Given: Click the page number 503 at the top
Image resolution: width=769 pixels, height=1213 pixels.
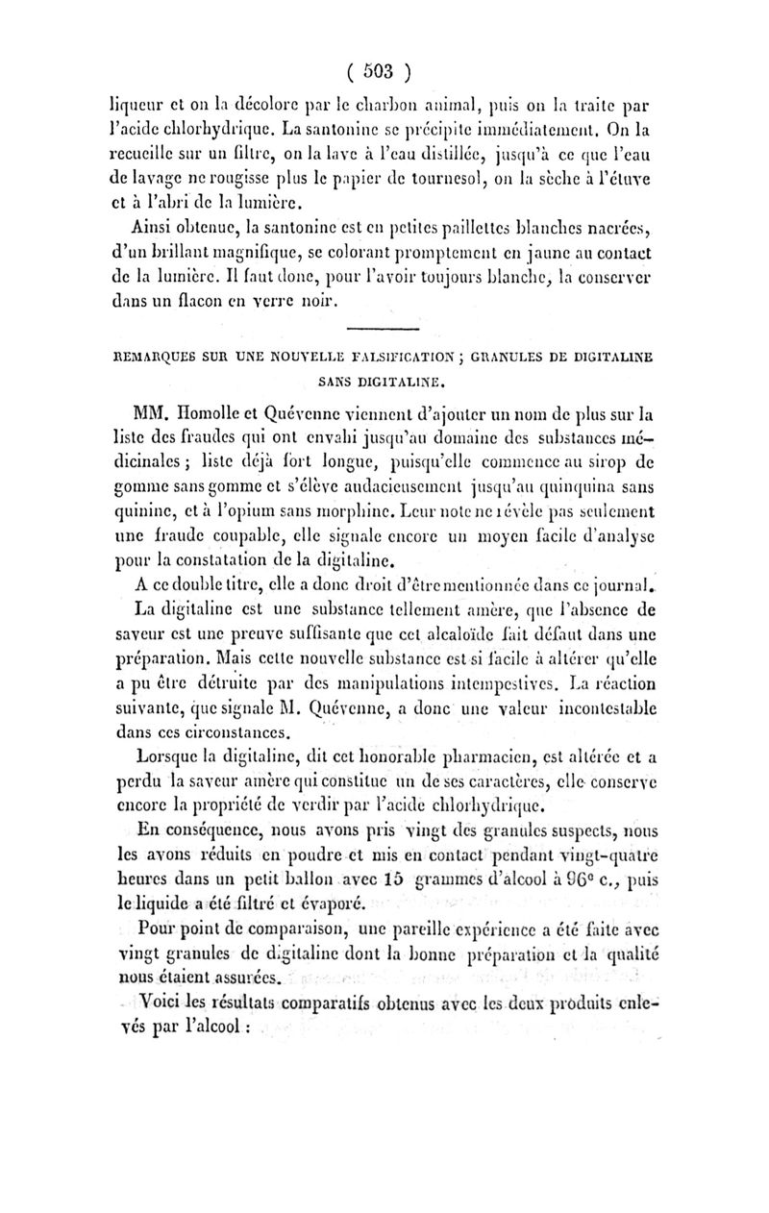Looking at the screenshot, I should [x=382, y=71].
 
